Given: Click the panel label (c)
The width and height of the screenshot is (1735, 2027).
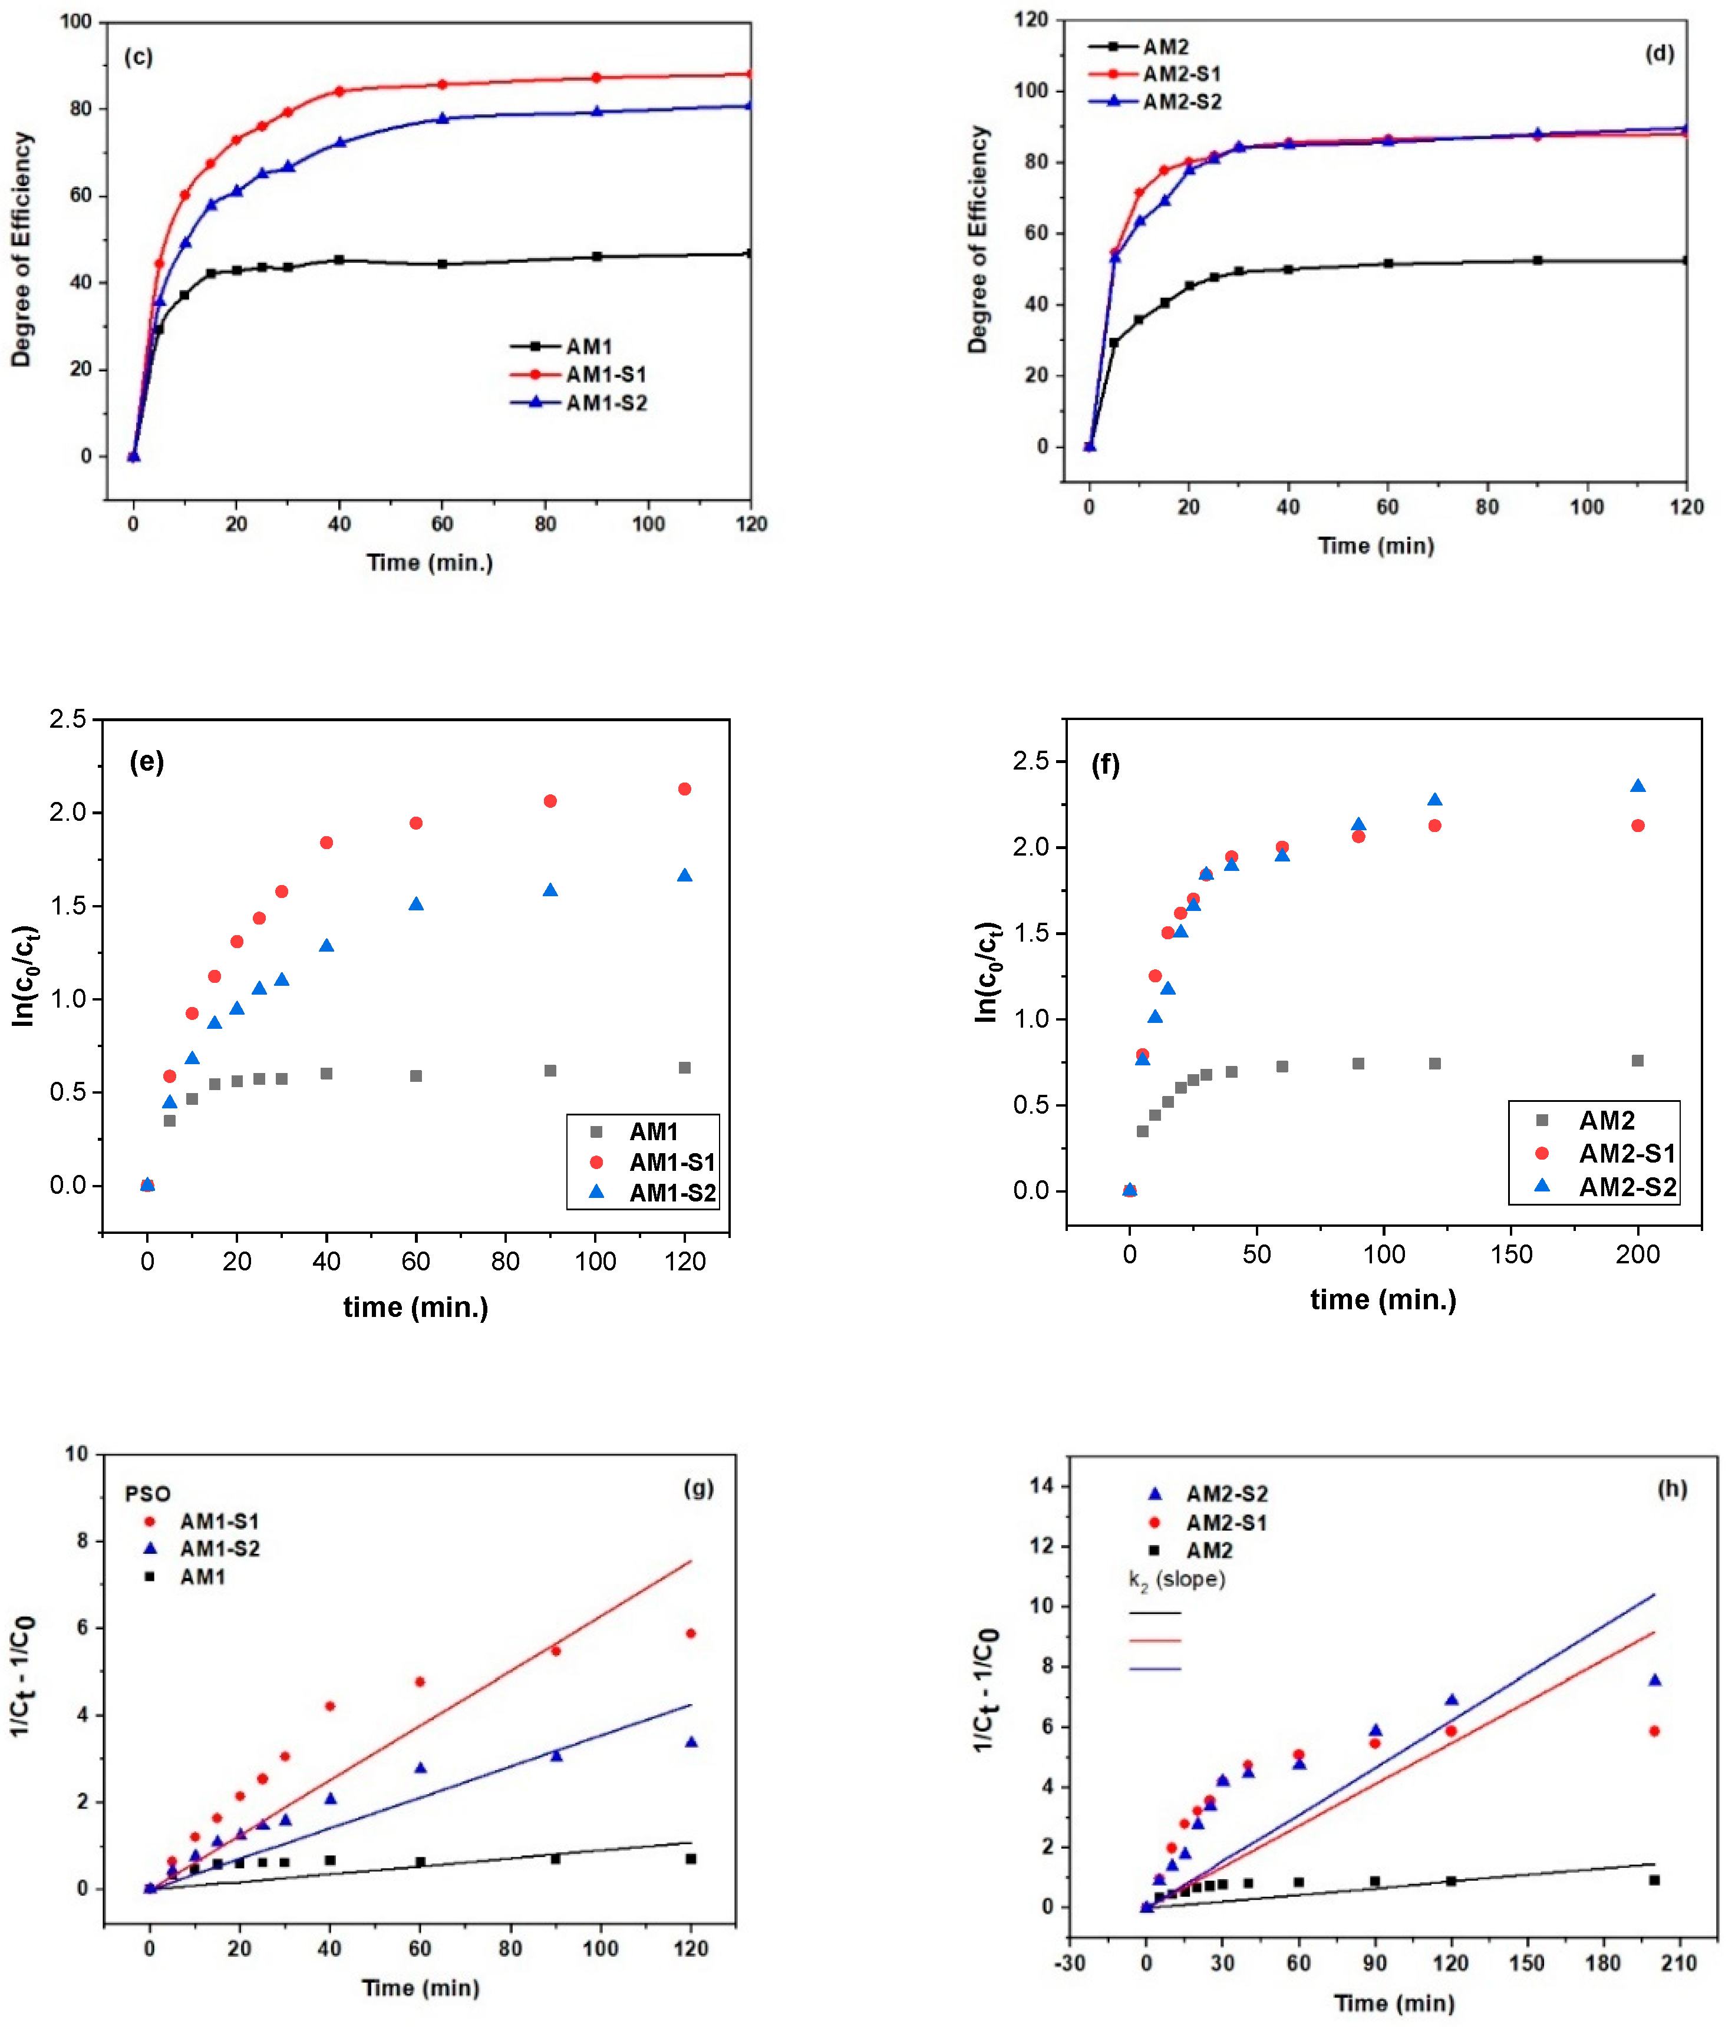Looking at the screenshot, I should click(x=138, y=58).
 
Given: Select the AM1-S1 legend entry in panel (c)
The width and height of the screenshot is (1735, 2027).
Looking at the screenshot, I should click(x=605, y=375).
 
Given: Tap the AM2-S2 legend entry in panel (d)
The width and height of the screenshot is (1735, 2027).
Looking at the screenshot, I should click(x=1181, y=103).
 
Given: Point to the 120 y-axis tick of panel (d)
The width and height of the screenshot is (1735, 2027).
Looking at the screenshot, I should click(x=1030, y=19).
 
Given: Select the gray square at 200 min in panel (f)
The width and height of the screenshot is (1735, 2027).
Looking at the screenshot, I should click(x=1637, y=1061).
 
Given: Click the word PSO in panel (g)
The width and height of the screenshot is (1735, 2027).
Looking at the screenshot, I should click(x=148, y=1494).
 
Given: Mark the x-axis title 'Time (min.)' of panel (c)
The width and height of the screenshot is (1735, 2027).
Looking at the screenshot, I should click(x=430, y=563).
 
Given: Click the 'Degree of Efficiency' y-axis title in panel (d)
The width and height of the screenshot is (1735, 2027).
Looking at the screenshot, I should click(x=978, y=240).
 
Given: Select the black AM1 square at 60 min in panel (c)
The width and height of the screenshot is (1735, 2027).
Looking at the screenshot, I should click(x=443, y=264).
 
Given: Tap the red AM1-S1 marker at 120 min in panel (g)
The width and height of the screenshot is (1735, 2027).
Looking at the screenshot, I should click(x=691, y=1634).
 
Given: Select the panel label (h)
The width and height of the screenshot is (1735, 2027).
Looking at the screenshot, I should click(x=1671, y=1489).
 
